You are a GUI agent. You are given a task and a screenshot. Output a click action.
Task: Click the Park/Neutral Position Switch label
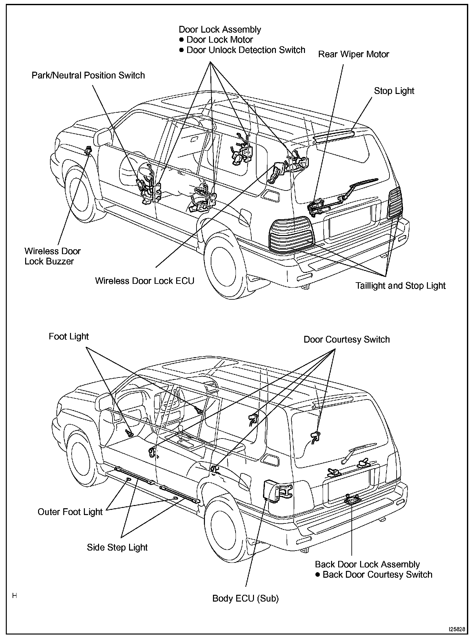88,76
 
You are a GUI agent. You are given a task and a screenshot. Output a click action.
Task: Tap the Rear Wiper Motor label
353,54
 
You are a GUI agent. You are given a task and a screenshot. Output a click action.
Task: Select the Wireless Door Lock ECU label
145,281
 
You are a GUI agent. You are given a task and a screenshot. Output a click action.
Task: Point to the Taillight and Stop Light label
400,286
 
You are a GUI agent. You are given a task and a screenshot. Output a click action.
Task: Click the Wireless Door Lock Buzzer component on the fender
88,150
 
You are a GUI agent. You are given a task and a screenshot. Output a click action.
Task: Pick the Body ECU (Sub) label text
245,598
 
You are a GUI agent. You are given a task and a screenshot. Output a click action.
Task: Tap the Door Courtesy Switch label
347,339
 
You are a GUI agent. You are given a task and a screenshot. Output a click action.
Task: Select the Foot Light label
69,336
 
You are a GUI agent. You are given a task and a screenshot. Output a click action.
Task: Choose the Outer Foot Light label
70,512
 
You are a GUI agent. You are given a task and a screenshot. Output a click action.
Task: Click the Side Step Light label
117,547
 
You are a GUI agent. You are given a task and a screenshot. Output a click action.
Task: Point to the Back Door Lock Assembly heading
367,564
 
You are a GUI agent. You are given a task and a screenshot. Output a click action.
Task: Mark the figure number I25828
456,629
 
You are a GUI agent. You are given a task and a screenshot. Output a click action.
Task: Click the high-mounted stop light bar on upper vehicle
333,136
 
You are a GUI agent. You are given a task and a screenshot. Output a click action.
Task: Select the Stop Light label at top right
394,91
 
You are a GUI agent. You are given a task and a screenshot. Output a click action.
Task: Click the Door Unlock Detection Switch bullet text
246,50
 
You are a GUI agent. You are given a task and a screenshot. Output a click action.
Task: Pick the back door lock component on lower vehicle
351,500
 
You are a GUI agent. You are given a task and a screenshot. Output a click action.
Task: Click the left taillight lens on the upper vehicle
291,234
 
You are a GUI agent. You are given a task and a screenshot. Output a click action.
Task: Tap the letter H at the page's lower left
15,595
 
